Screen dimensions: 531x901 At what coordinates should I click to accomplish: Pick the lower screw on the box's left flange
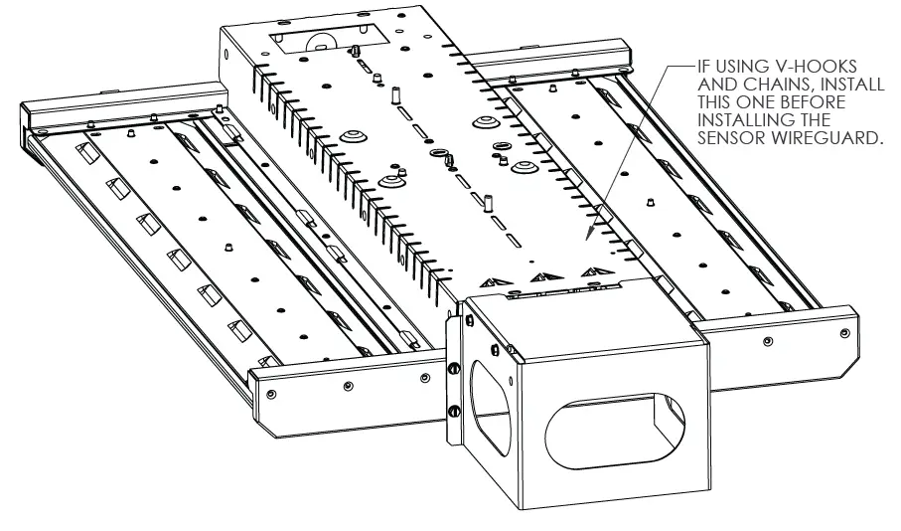coord(455,411)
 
